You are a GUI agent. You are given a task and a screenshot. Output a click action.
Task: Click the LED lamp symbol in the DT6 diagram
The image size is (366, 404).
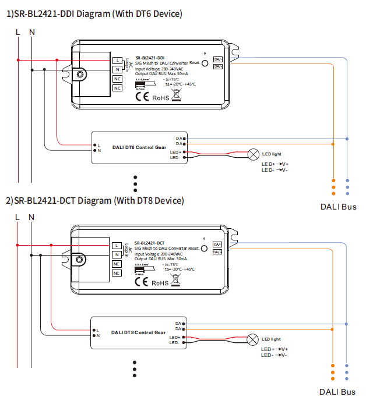[x=254, y=154]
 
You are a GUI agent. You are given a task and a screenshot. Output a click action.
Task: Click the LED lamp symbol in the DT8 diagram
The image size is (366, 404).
[x=253, y=339]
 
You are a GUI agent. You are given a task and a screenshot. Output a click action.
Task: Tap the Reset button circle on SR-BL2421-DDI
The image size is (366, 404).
[x=205, y=65]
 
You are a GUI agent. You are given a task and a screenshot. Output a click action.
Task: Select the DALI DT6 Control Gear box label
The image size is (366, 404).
[x=139, y=148]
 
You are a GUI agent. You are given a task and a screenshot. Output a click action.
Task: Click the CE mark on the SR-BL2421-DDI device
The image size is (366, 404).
[x=142, y=97]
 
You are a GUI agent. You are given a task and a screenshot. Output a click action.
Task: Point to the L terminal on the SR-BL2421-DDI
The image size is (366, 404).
[x=117, y=61]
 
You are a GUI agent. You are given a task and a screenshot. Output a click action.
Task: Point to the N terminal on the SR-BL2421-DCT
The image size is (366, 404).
[x=117, y=254]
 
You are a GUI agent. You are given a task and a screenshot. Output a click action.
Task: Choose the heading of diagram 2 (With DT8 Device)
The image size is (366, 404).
[x=94, y=201]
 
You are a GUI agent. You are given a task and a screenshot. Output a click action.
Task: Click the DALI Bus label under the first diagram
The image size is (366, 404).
[x=338, y=207]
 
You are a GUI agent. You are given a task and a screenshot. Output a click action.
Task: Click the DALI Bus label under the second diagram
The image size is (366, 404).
[x=338, y=392]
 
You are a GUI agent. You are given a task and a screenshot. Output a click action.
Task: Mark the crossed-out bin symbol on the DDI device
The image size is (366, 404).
[x=177, y=97]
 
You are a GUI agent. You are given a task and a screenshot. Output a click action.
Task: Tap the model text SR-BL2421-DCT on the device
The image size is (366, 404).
[x=149, y=243]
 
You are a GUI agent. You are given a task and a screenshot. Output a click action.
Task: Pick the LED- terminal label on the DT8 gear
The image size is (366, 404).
[x=174, y=342]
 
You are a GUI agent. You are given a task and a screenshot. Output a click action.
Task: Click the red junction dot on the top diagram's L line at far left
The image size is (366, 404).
[x=18, y=59]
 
